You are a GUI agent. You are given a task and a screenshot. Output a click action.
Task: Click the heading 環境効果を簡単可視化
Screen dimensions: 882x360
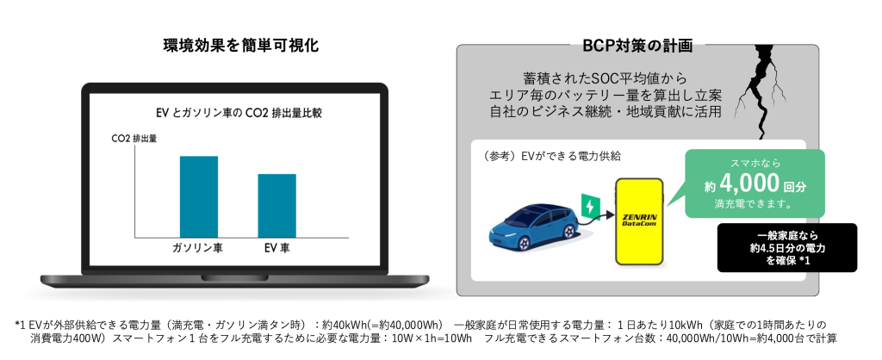click(240, 45)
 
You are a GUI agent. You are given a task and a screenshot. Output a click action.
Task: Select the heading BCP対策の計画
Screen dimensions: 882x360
click(637, 45)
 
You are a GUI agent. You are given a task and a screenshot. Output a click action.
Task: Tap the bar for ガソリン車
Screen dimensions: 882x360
click(199, 196)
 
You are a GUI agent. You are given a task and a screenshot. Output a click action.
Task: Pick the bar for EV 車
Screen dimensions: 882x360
click(276, 205)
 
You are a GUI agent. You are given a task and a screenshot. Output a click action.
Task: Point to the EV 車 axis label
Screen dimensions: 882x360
click(276, 248)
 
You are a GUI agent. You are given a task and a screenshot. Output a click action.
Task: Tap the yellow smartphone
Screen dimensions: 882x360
click(640, 221)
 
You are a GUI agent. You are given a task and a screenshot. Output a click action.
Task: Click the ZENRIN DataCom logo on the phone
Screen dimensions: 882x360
click(640, 220)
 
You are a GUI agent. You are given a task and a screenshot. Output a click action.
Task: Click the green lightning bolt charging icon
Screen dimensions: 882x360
click(589, 207)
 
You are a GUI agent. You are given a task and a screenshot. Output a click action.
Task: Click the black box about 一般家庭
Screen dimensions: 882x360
click(787, 247)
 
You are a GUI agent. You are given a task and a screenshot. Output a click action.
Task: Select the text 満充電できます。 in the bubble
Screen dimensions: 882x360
click(754, 204)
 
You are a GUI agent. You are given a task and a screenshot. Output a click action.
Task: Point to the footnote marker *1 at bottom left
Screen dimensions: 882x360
click(21, 326)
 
